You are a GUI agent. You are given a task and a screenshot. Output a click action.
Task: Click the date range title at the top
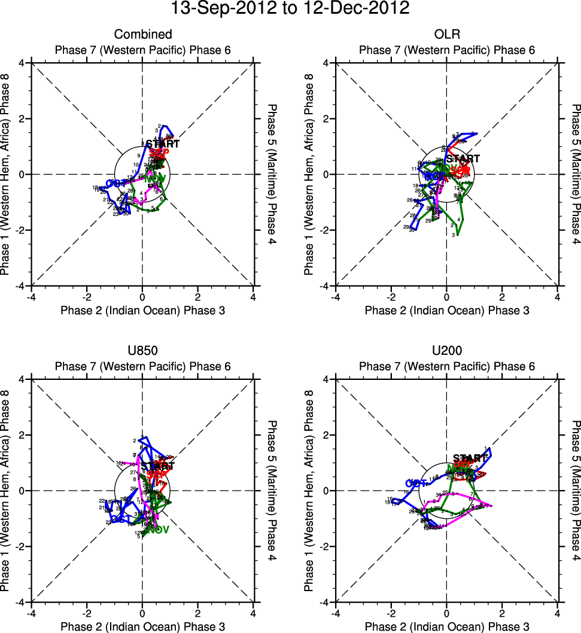click(x=290, y=9)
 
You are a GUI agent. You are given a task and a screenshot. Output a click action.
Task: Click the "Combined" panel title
click(x=143, y=34)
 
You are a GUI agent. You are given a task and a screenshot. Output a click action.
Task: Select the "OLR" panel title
click(x=447, y=34)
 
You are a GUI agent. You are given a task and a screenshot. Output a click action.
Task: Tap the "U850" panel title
click(x=143, y=351)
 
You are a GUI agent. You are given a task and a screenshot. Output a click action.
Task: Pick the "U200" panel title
click(x=447, y=351)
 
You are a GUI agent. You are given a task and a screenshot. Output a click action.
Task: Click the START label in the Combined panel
click(x=163, y=144)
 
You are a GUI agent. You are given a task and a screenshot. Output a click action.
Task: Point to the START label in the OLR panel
click(x=463, y=159)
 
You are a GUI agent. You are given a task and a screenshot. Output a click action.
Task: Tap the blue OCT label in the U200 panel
click(x=416, y=483)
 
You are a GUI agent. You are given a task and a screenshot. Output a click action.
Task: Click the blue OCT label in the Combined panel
click(x=118, y=182)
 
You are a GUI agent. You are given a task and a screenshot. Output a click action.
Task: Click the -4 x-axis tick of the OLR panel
click(x=335, y=297)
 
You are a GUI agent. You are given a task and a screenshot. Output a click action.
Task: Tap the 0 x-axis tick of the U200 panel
click(x=446, y=613)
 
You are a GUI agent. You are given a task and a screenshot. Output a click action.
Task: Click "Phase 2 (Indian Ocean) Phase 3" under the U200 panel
click(x=447, y=626)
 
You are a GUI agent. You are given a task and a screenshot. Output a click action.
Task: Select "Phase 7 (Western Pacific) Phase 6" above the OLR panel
click(x=447, y=50)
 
